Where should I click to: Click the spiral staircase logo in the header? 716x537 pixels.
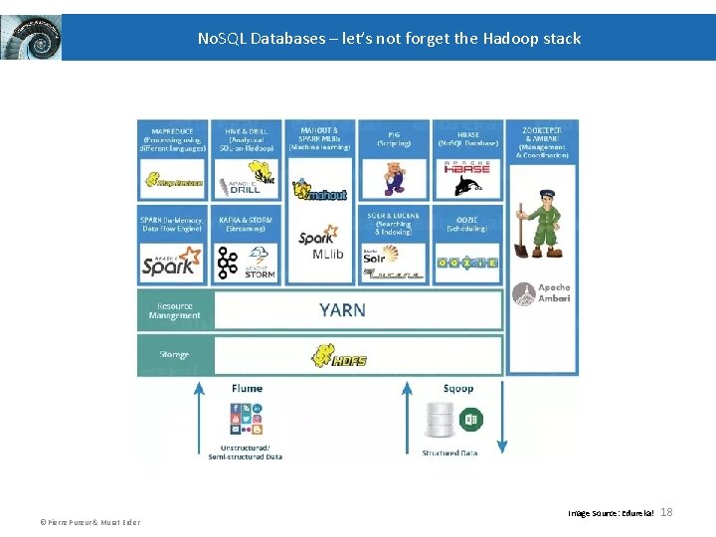(31, 38)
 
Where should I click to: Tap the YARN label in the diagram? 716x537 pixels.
(342, 310)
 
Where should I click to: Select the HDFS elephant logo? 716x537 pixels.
(341, 355)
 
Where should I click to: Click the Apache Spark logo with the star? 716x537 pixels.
(172, 262)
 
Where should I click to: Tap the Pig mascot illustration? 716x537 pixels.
(395, 178)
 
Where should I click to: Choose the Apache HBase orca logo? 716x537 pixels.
(466, 179)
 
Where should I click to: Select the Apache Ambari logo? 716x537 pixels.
(541, 293)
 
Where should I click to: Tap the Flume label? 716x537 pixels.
(247, 388)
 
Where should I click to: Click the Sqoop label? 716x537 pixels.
(458, 388)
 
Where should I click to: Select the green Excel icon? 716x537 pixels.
(471, 420)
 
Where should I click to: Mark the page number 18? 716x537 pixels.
(666, 512)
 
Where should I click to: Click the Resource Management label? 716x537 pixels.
(174, 310)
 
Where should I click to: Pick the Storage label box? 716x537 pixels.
(174, 355)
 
